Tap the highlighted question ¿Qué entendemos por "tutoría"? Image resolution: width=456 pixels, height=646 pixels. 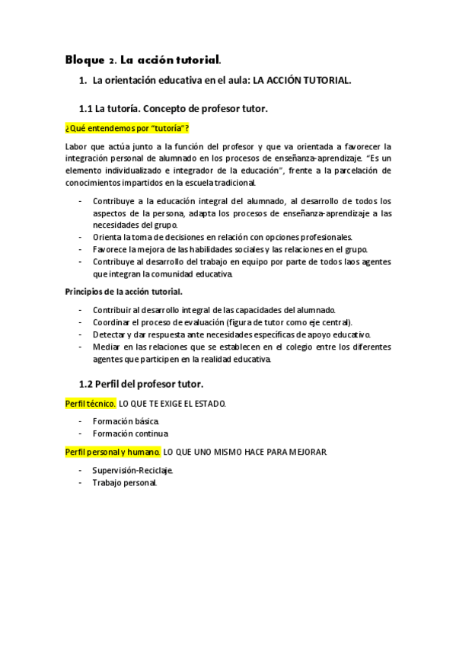(x=126, y=126)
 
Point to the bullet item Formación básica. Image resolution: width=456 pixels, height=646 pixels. (x=126, y=421)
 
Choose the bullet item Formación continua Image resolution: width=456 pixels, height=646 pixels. (x=130, y=433)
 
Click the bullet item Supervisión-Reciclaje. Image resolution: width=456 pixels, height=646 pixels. (x=133, y=470)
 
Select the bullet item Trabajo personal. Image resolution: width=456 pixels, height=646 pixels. (x=125, y=482)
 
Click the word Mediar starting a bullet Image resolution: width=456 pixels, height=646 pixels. (x=107, y=347)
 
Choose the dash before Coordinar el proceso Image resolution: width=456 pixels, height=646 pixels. (x=81, y=322)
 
